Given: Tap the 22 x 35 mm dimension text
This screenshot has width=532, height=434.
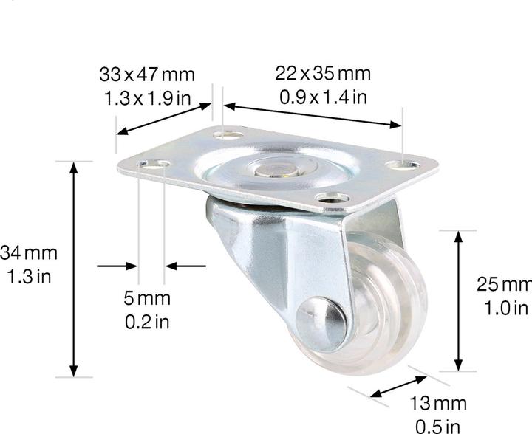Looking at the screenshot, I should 324,74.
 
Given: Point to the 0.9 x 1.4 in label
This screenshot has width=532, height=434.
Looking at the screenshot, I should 324,97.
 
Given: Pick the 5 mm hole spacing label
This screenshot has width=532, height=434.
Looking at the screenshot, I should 147,299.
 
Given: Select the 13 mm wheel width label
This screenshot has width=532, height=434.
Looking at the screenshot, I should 440,404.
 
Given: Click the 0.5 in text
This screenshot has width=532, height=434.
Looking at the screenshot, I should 440,426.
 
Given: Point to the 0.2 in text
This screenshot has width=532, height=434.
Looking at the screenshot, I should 147,322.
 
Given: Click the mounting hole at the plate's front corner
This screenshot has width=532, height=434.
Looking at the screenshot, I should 334,198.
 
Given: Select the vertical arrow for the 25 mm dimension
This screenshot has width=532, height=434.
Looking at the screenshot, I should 459,300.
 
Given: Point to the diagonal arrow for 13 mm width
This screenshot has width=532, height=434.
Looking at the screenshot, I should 398,389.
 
